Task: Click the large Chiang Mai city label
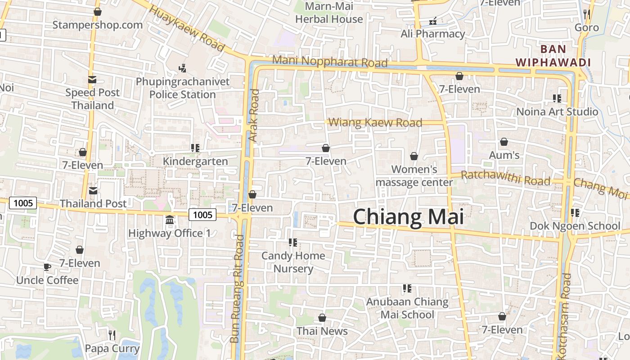click(x=408, y=217)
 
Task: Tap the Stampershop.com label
click(x=97, y=25)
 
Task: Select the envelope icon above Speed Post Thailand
click(x=92, y=80)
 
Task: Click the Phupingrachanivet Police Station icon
click(x=182, y=68)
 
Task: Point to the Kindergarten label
click(x=195, y=161)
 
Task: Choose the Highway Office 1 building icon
click(x=170, y=220)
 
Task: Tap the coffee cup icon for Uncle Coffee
click(x=47, y=267)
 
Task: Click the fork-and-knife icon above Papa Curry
click(x=112, y=335)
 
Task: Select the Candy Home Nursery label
click(x=293, y=262)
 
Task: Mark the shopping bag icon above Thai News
click(x=322, y=318)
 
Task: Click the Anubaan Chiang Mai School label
click(x=407, y=308)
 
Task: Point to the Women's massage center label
click(x=414, y=175)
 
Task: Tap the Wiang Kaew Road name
click(x=375, y=122)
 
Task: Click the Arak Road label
click(x=255, y=115)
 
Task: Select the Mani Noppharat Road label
click(x=330, y=62)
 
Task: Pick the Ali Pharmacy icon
click(x=433, y=21)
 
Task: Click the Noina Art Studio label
click(x=557, y=111)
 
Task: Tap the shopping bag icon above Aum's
click(x=504, y=142)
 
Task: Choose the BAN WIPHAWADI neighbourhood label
click(x=553, y=55)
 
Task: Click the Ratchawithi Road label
click(x=505, y=178)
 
